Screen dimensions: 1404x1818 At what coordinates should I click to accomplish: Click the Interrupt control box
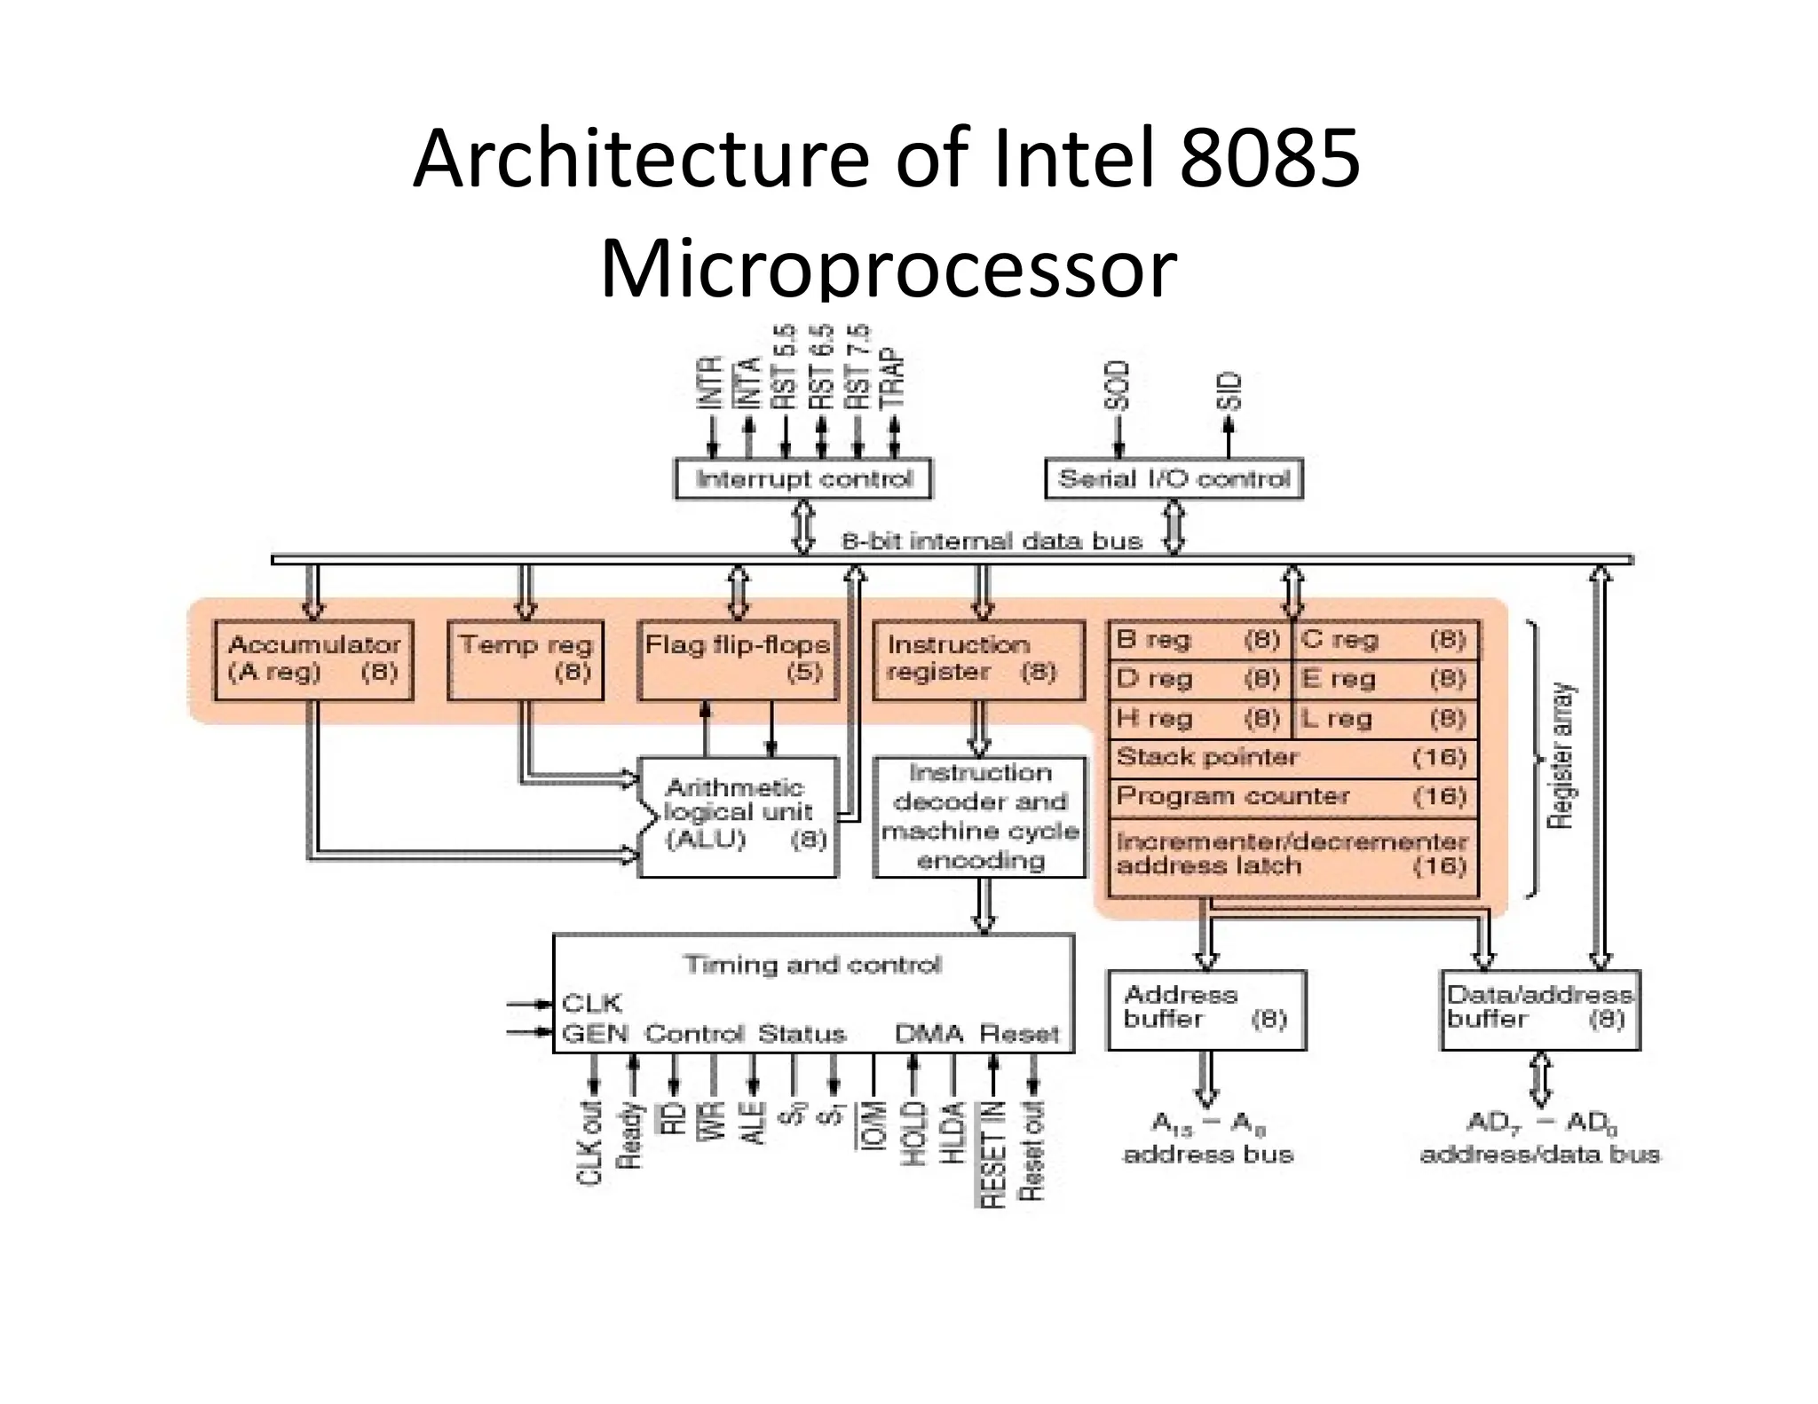point(803,479)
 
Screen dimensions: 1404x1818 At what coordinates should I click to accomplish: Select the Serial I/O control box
point(1174,479)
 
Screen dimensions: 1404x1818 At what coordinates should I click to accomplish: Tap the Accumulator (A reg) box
point(314,659)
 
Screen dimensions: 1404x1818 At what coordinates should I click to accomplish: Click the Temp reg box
point(526,659)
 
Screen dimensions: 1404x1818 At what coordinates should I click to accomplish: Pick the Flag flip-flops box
point(738,659)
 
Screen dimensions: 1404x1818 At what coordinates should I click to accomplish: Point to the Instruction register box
point(979,659)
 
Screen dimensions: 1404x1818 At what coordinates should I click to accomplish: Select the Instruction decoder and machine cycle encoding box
point(980,816)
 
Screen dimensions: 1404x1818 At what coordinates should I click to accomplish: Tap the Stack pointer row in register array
point(1292,758)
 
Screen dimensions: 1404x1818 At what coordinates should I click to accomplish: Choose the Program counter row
point(1292,796)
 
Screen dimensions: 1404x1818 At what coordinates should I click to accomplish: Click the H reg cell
point(1198,719)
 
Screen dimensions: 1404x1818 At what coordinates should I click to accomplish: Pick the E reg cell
point(1385,680)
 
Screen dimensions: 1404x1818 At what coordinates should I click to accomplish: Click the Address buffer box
point(1206,1009)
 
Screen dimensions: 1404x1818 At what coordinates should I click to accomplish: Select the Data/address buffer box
point(1540,1009)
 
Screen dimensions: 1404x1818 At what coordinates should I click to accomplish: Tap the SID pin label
point(1229,391)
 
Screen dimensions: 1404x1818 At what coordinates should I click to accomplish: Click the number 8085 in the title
point(1269,160)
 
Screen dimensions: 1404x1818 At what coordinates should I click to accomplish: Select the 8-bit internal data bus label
point(992,541)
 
